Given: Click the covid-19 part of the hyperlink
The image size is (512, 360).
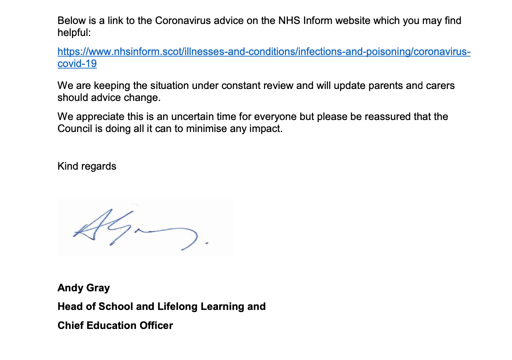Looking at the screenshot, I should [x=77, y=64].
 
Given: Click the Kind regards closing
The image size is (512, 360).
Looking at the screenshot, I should [x=87, y=166].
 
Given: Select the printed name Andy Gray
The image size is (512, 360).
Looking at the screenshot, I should [x=84, y=288].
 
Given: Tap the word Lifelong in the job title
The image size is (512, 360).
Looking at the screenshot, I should [x=177, y=307].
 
